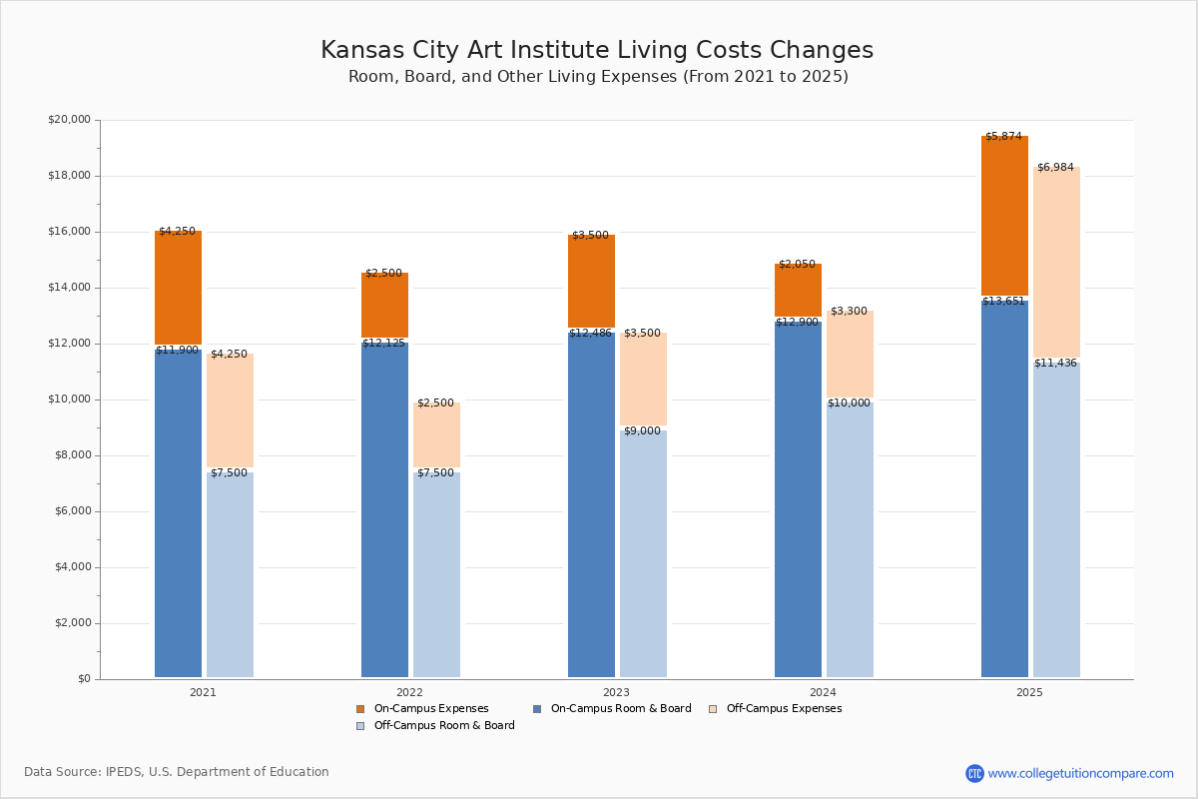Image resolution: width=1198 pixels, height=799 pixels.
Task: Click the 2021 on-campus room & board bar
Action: (178, 514)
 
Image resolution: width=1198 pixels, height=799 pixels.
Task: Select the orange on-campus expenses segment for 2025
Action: (1004, 216)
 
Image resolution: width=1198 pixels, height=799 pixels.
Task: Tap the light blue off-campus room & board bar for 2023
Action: (643, 554)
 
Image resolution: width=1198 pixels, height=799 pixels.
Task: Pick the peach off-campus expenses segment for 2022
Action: (436, 435)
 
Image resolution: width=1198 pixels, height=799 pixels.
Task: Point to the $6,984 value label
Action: (1055, 167)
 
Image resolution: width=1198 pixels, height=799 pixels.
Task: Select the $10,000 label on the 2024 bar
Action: (849, 402)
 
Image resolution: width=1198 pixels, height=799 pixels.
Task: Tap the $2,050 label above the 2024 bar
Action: (797, 264)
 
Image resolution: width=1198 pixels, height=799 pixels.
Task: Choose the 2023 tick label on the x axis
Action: (616, 692)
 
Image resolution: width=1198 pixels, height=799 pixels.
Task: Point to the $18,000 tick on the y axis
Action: (69, 176)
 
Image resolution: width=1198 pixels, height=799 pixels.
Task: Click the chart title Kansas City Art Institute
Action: (596, 51)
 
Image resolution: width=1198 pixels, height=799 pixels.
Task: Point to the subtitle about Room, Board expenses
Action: (598, 77)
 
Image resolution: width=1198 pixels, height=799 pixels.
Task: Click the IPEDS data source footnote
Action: (176, 772)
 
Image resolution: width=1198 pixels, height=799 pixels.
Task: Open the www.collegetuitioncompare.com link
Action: (1080, 773)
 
